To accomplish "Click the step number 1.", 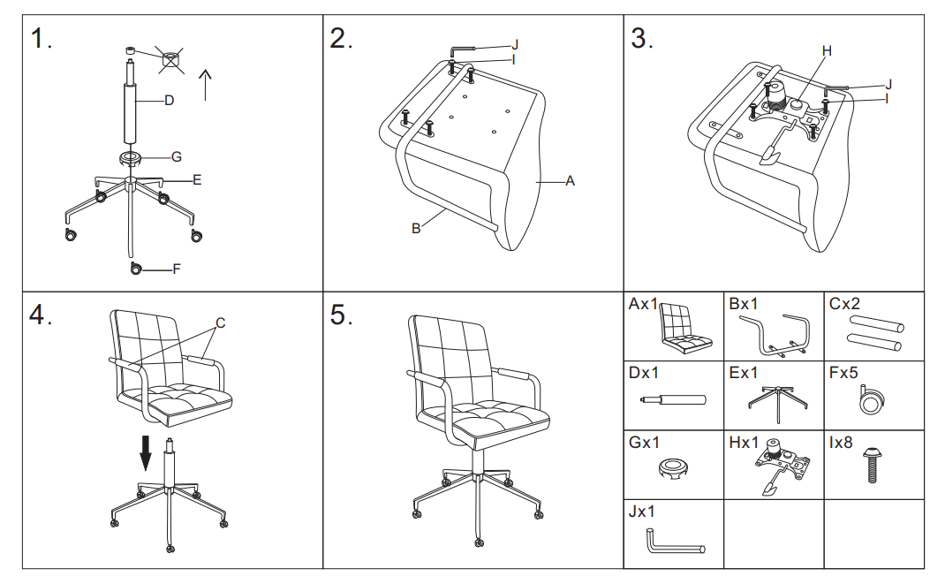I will (x=41, y=40).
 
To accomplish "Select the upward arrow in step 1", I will (x=206, y=84).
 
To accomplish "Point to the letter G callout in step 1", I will (x=177, y=157).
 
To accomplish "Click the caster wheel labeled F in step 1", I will (x=136, y=269).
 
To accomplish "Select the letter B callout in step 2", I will (x=416, y=229).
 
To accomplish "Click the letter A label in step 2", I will (x=570, y=181).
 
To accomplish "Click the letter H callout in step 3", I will (x=827, y=51).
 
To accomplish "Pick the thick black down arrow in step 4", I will (x=146, y=451).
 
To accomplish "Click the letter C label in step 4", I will (x=221, y=323).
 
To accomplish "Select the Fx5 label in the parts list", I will (x=843, y=374).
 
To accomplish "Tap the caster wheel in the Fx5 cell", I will (x=873, y=403).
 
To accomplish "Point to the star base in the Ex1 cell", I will (x=775, y=399).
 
